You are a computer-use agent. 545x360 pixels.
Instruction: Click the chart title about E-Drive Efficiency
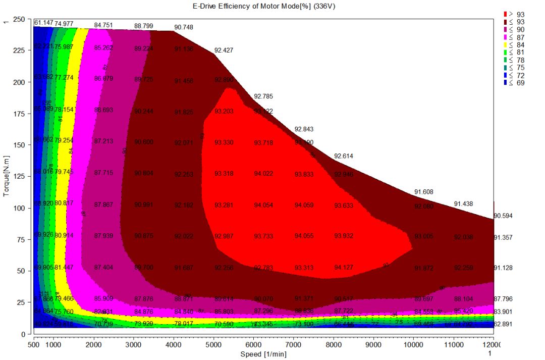(x=263, y=6)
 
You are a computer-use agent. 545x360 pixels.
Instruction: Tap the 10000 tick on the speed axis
(x=413, y=344)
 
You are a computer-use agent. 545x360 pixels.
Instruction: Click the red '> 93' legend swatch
(x=506, y=14)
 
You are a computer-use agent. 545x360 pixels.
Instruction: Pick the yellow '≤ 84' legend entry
(x=514, y=45)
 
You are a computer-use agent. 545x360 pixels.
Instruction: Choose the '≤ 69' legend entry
(x=514, y=83)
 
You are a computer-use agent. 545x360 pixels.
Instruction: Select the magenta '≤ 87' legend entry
(x=514, y=37)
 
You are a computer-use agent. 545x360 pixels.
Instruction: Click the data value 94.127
(x=344, y=268)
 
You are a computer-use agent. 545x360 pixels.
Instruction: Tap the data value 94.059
(x=304, y=205)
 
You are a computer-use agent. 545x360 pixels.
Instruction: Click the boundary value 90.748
(x=184, y=27)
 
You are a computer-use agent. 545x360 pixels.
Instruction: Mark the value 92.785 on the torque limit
(x=263, y=96)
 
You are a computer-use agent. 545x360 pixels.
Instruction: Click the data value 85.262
(x=103, y=48)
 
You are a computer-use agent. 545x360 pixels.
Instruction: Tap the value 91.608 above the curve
(x=424, y=192)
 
